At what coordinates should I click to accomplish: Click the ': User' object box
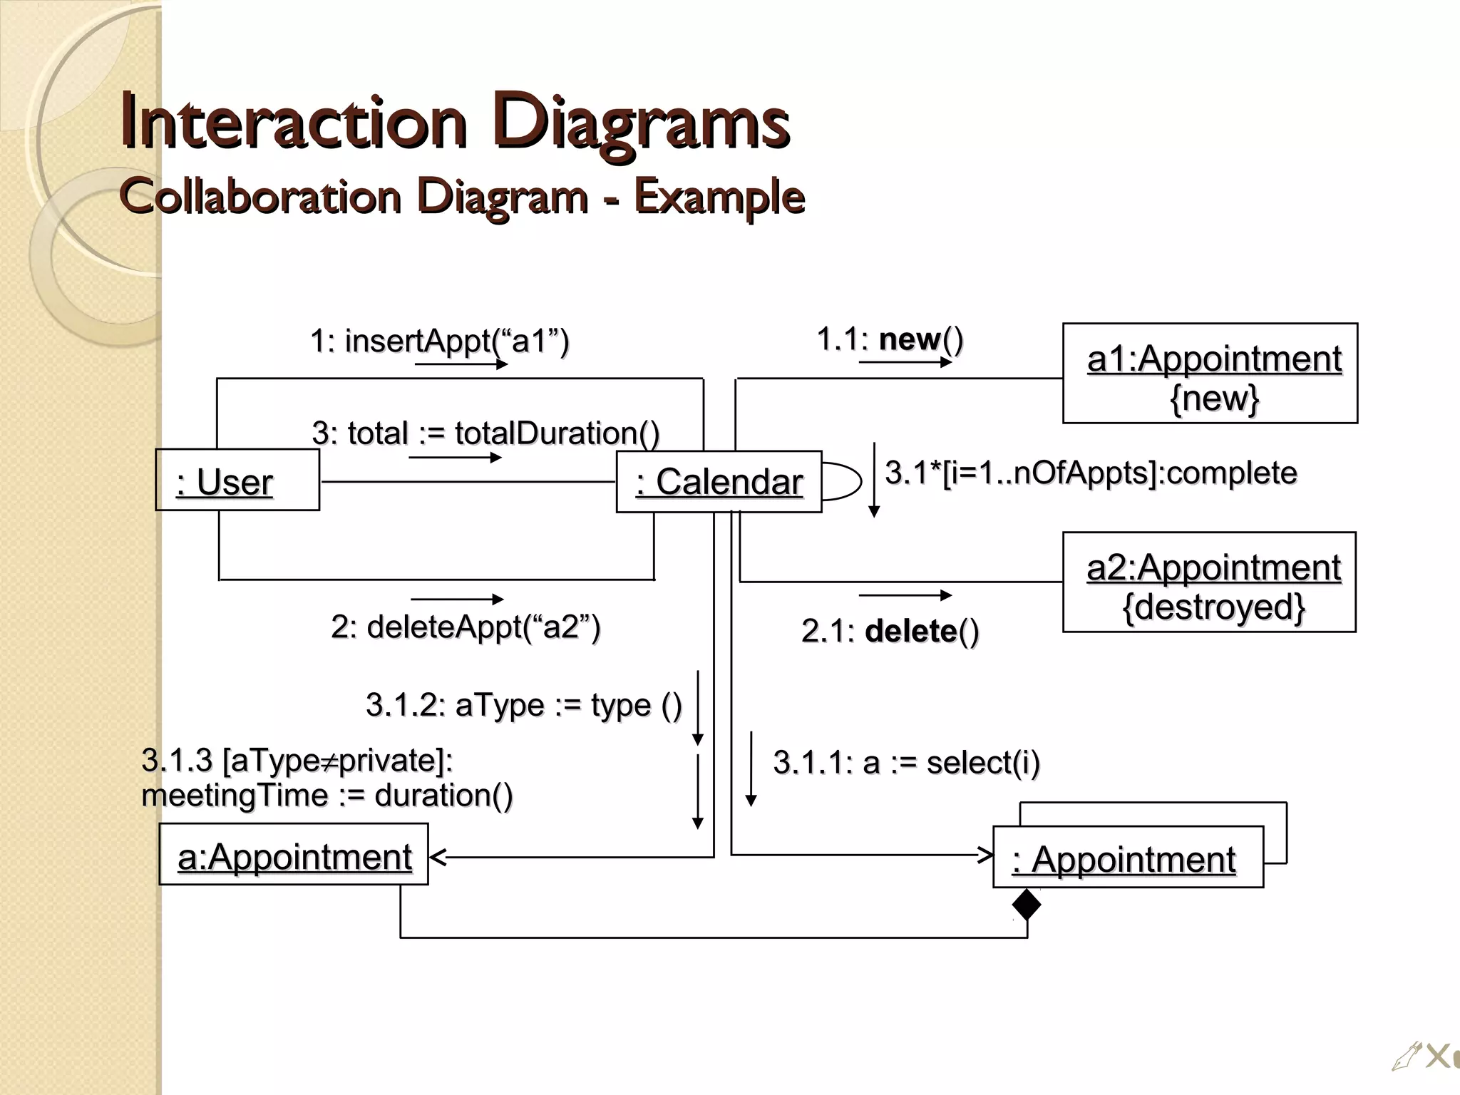[x=237, y=480]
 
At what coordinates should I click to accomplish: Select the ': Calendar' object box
[x=719, y=482]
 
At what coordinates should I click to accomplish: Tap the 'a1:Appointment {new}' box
[x=1210, y=374]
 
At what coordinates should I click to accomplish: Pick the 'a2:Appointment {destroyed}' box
[x=1209, y=582]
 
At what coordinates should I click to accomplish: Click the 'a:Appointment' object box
[x=294, y=855]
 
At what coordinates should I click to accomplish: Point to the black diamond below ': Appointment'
[x=1027, y=905]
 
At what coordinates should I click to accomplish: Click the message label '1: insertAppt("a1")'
[x=439, y=341]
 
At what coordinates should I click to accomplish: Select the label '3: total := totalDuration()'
[x=485, y=433]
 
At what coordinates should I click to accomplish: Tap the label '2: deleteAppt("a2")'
[x=466, y=627]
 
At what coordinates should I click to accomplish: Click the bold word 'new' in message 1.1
[x=910, y=339]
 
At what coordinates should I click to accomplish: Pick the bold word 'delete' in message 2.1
[x=910, y=632]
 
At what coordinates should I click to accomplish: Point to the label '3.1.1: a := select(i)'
[x=906, y=763]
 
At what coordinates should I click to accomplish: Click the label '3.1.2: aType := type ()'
[x=524, y=705]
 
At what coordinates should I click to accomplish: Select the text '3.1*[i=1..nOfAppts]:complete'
[x=1091, y=473]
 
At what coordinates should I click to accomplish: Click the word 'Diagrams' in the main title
[x=641, y=121]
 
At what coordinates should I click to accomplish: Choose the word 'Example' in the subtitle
[x=719, y=197]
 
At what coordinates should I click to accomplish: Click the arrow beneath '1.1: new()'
[x=905, y=362]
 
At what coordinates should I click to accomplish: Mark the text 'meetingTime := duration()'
[x=327, y=796]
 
